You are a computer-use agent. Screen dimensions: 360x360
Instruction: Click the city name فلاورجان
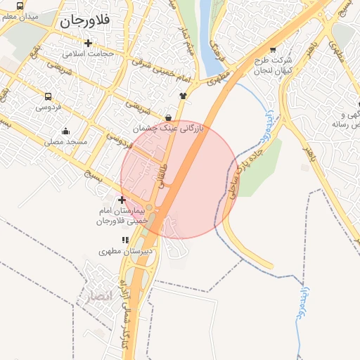pyautogui.click(x=86, y=21)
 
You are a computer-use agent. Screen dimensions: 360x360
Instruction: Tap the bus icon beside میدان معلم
pyautogui.click(x=19, y=5)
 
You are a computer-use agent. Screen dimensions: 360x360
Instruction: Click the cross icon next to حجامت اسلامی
pyautogui.click(x=87, y=43)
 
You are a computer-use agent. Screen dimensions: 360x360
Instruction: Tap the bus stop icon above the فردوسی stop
pyautogui.click(x=48, y=96)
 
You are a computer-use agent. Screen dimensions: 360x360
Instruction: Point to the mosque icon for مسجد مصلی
pyautogui.click(x=65, y=131)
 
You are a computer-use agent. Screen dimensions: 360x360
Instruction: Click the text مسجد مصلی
pyautogui.click(x=66, y=141)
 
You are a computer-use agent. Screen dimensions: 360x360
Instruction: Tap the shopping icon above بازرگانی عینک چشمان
pyautogui.click(x=168, y=117)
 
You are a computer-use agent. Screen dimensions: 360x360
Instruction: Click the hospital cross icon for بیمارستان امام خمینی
pyautogui.click(x=123, y=200)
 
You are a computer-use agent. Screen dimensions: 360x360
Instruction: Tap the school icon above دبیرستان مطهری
pyautogui.click(x=125, y=240)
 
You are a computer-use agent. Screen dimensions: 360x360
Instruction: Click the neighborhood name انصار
pyautogui.click(x=96, y=295)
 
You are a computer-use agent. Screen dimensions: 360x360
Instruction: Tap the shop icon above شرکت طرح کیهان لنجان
pyautogui.click(x=272, y=50)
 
